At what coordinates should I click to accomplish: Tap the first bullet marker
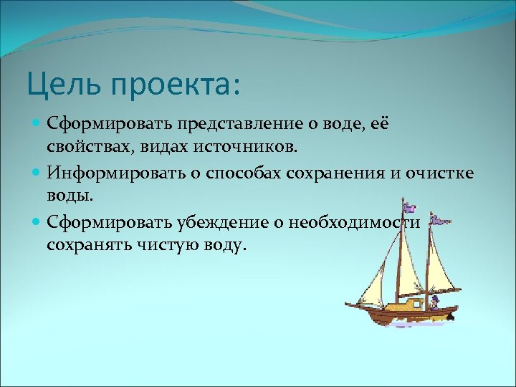pyautogui.click(x=37, y=124)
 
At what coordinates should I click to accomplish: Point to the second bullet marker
pyautogui.click(x=37, y=173)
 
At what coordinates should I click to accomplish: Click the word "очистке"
pyautogui.click(x=444, y=173)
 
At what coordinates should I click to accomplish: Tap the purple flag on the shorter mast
pyautogui.click(x=443, y=223)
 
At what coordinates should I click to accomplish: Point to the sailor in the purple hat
pyautogui.click(x=433, y=302)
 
